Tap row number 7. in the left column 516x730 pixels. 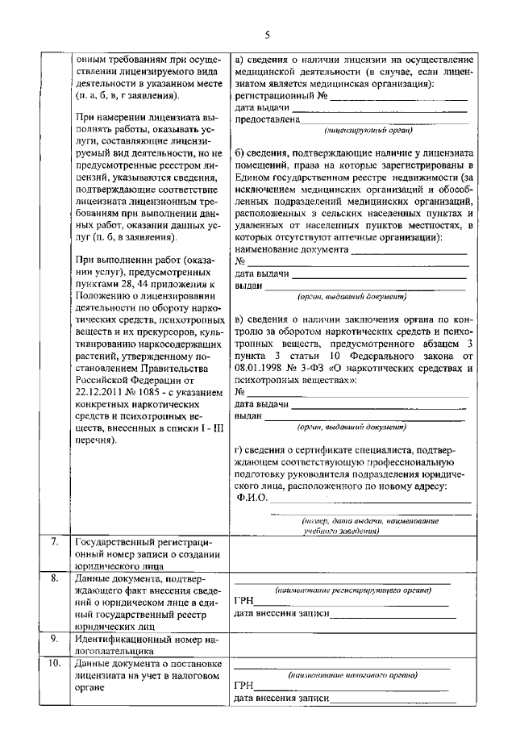click(52, 541)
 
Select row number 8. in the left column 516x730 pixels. click(52, 578)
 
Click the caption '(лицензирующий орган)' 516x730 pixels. click(368, 130)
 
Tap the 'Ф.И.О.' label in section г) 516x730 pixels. click(252, 497)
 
